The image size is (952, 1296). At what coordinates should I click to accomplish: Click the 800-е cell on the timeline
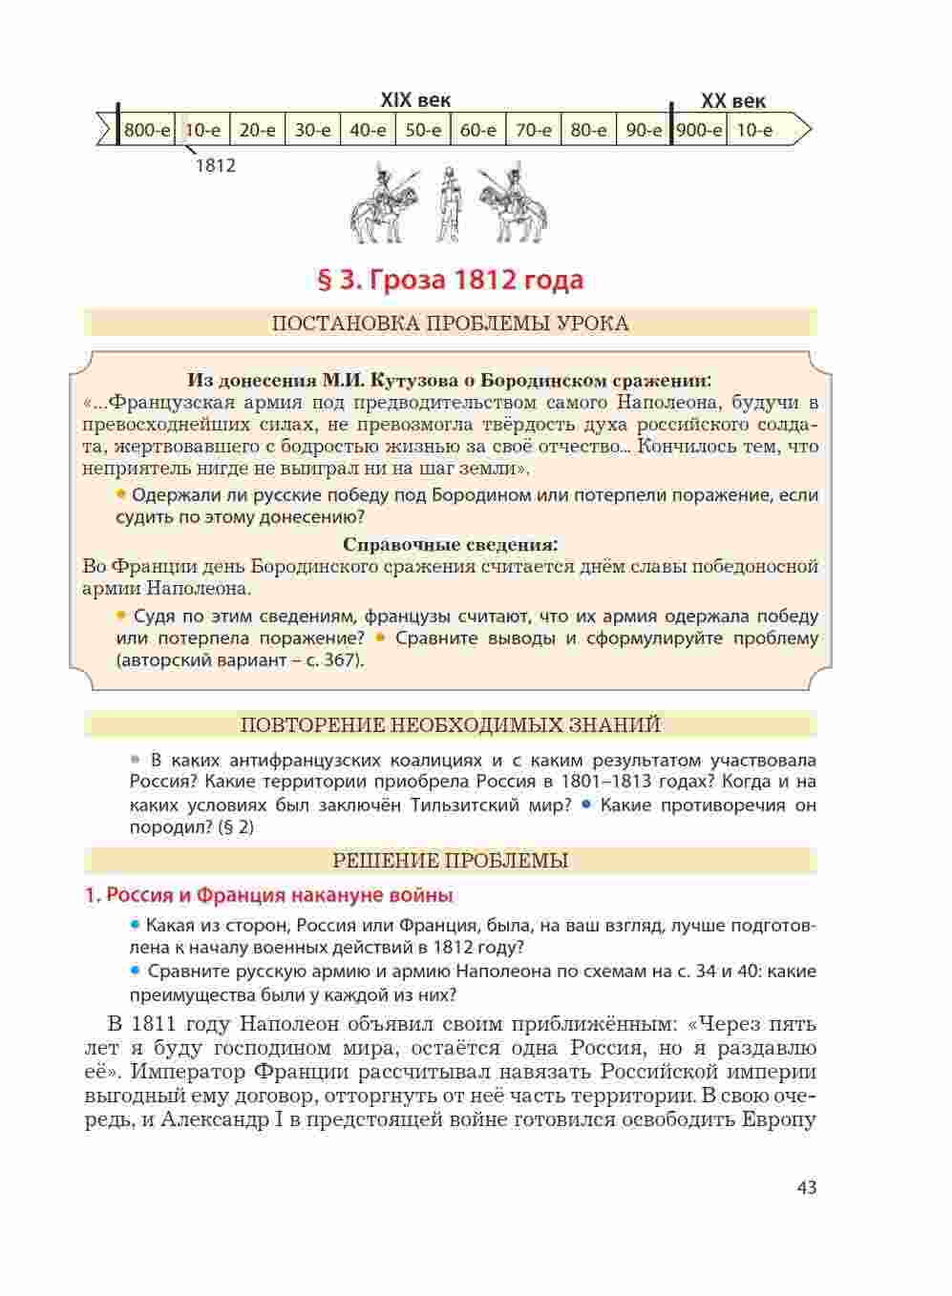147,130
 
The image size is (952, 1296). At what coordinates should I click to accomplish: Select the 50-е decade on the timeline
423,130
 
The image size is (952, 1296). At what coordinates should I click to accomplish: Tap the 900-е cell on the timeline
699,130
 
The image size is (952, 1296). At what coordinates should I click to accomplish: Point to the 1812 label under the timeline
215,165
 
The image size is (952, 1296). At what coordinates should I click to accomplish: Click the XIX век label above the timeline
415,100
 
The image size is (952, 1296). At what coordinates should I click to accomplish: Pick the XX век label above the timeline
732,100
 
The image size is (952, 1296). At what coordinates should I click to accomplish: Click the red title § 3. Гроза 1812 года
449,281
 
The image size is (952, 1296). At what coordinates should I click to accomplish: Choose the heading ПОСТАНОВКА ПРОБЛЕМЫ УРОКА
450,324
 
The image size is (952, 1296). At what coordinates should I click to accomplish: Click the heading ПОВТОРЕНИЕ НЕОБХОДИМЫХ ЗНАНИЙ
450,725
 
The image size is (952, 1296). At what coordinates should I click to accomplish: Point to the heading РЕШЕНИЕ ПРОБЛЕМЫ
450,861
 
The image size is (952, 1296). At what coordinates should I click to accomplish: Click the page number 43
806,1187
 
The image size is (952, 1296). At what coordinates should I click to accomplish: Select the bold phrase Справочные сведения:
450,545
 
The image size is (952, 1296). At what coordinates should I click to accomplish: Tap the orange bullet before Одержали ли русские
121,494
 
